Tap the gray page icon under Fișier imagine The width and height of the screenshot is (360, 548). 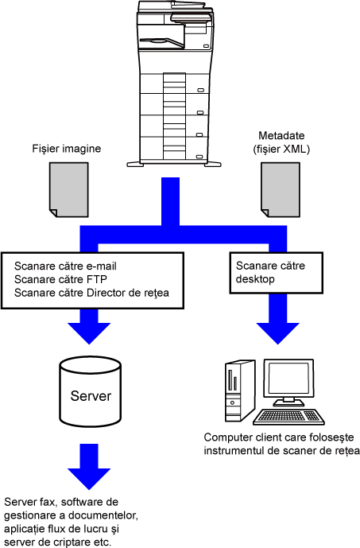tap(69, 190)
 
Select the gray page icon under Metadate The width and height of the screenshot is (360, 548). tap(281, 190)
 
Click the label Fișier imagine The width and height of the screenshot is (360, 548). tap(67, 149)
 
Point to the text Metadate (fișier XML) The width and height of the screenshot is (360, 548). tap(281, 142)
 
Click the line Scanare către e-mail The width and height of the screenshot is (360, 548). tap(65, 266)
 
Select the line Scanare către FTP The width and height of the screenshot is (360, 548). tap(60, 279)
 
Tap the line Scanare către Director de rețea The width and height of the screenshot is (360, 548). tap(91, 293)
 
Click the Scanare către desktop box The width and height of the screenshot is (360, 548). tap(276, 273)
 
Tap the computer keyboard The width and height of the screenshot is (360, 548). tap(288, 417)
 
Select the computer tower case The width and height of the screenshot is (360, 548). tap(238, 391)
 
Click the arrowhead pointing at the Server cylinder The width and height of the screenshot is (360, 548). tap(89, 333)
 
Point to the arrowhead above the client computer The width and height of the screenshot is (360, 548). tap(278, 333)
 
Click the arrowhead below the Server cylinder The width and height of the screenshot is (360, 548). tap(89, 479)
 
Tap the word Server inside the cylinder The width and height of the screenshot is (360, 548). tap(91, 396)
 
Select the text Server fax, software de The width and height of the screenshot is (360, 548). tap(61, 502)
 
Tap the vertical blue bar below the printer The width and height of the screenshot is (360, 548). tap(170, 201)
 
